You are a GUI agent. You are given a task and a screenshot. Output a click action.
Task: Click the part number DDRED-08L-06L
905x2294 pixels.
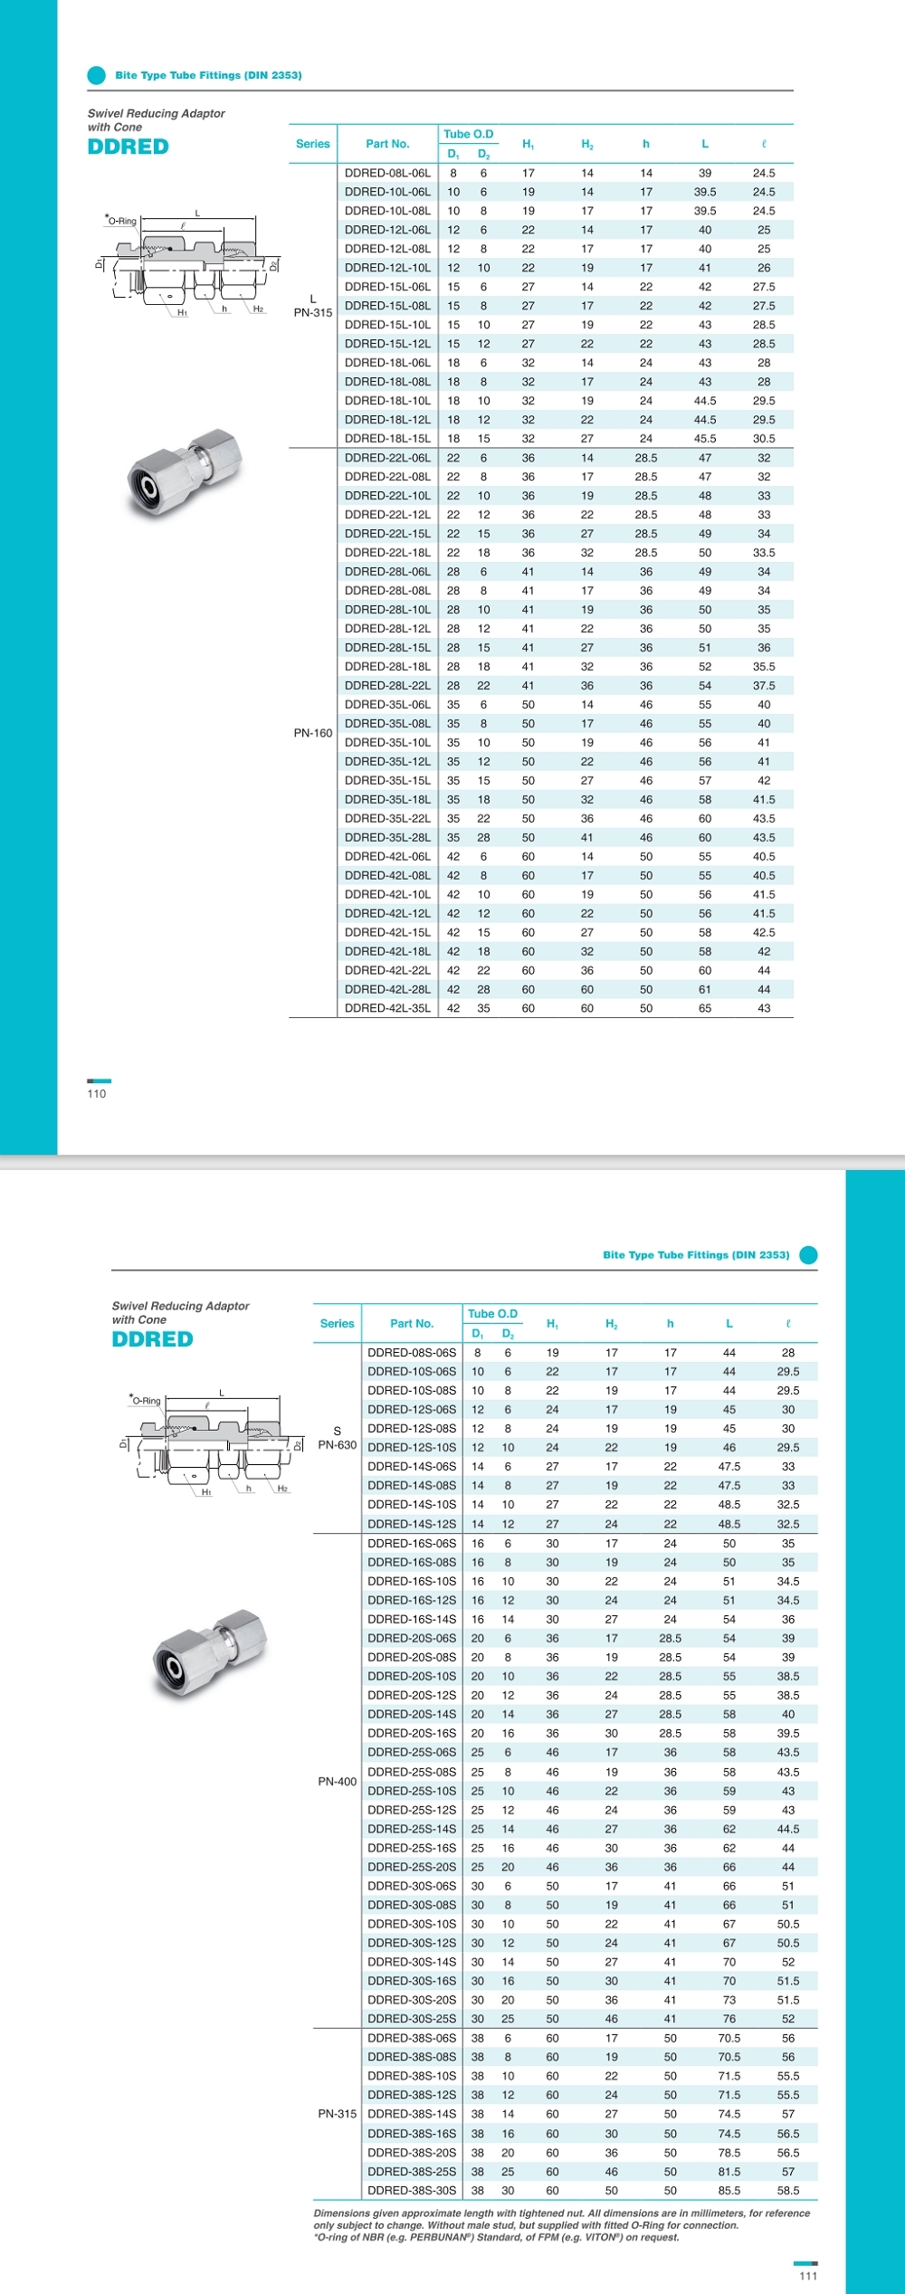tap(387, 173)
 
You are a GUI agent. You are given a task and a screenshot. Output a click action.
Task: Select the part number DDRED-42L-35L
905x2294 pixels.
tap(387, 1008)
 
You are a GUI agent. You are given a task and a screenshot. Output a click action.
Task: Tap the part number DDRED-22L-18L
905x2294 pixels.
tap(387, 553)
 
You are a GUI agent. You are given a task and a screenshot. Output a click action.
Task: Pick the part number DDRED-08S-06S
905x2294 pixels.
tap(412, 1353)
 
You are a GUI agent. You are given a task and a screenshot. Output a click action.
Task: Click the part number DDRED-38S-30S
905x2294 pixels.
tap(412, 2191)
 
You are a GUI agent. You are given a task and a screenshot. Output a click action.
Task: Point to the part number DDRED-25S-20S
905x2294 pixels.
tap(412, 1867)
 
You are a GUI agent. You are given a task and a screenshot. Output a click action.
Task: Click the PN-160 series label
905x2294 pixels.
tap(312, 733)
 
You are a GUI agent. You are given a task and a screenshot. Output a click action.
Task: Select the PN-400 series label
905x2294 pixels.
tap(337, 1781)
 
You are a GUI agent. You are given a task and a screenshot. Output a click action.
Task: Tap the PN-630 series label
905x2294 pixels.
tap(337, 1445)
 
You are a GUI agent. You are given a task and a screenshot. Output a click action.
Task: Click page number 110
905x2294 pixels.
tap(97, 1094)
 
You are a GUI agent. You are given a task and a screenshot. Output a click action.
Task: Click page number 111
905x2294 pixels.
tap(808, 2276)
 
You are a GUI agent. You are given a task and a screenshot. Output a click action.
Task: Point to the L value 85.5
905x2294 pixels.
tap(729, 2191)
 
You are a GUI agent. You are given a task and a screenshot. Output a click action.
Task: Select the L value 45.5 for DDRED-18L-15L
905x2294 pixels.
tap(705, 439)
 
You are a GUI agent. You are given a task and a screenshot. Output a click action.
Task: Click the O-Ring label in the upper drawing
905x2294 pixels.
tap(122, 222)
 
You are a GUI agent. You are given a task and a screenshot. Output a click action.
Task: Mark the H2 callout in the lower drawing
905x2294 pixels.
tap(282, 1489)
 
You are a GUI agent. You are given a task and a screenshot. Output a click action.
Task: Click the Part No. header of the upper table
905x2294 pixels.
tap(387, 144)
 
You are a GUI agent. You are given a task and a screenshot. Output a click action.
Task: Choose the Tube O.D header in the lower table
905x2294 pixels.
tap(492, 1314)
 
